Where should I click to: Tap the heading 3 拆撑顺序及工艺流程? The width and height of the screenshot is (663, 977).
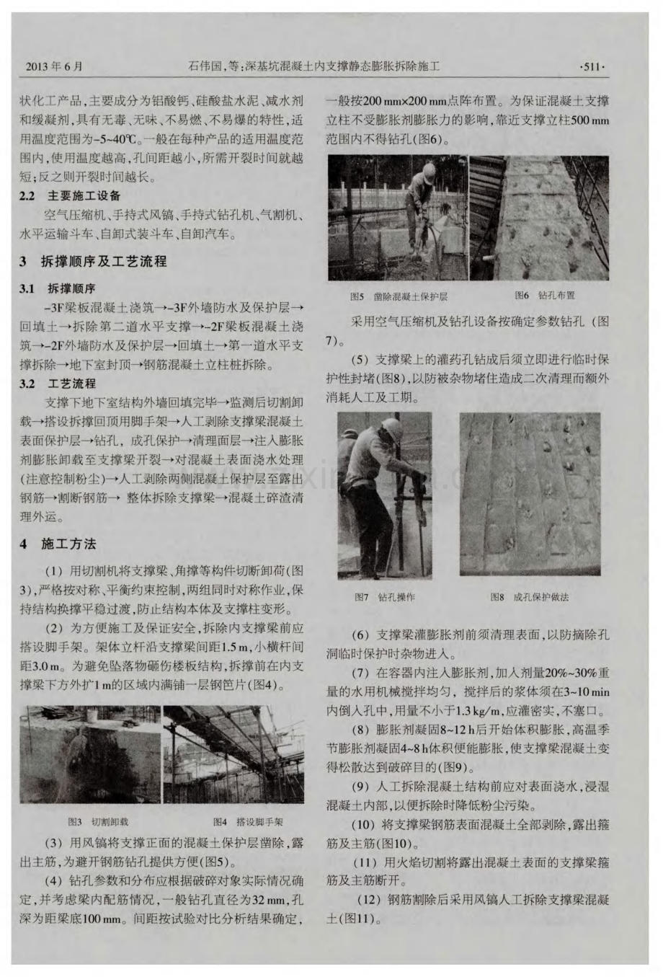(94, 262)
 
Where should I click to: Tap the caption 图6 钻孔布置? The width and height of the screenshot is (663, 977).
(545, 296)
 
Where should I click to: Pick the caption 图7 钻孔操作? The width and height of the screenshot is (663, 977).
(385, 597)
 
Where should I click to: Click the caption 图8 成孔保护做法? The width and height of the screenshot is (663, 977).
(529, 597)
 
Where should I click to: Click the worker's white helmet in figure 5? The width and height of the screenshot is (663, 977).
(427, 172)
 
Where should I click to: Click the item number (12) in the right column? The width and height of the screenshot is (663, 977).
(372, 900)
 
